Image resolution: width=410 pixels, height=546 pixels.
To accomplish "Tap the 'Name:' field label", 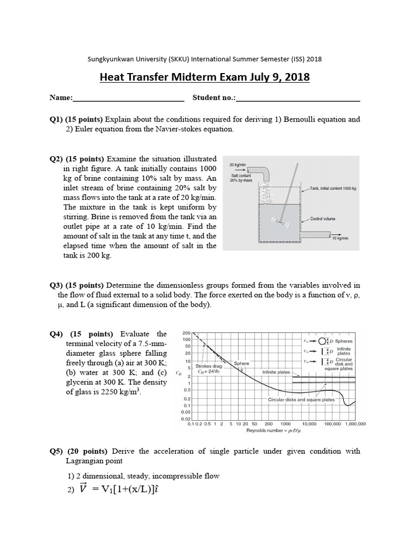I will pos(61,98).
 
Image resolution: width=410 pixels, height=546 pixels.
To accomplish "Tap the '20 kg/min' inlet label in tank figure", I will pos(238,165).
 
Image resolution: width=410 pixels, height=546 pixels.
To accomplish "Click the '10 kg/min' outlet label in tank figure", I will pos(340,238).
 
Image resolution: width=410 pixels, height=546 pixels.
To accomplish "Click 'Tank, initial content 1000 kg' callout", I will pos(333,189).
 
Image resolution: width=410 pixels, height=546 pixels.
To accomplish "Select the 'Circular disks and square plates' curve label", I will pos(301,399).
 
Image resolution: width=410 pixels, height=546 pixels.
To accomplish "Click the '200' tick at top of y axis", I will pos(187,332).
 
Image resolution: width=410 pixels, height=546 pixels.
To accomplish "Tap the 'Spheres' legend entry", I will pos(343,341).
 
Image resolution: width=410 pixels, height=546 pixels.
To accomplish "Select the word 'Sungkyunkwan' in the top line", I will pos(108,59).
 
